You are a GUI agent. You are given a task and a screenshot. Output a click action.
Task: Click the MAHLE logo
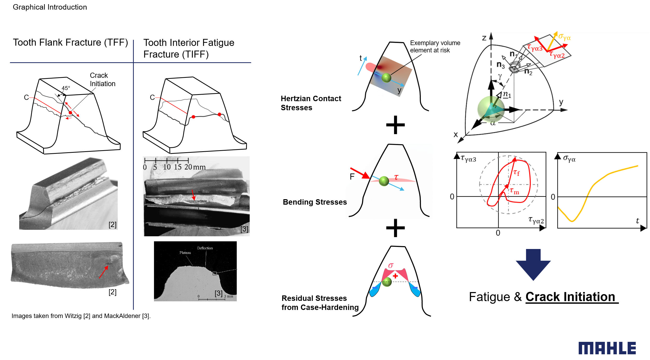pyautogui.click(x=607, y=348)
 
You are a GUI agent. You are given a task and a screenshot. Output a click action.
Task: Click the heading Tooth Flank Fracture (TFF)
pyautogui.click(x=71, y=43)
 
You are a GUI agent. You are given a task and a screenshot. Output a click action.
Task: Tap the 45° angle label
pyautogui.click(x=66, y=88)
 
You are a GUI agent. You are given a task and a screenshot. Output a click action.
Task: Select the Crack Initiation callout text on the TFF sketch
pyautogui.click(x=102, y=80)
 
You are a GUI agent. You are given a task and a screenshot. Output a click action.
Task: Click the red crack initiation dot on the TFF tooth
pyautogui.click(x=70, y=113)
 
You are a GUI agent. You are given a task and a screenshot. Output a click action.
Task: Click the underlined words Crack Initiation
pyautogui.click(x=570, y=297)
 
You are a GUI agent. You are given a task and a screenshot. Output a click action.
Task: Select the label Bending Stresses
pyautogui.click(x=314, y=202)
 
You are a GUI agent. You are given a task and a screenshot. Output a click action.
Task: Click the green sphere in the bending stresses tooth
pyautogui.click(x=384, y=181)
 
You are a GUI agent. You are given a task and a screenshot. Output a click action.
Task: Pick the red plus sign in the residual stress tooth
pyautogui.click(x=395, y=276)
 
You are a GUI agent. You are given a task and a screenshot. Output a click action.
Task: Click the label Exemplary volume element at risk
pyautogui.click(x=435, y=47)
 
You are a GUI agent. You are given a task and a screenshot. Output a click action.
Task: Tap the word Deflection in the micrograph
pyautogui.click(x=205, y=248)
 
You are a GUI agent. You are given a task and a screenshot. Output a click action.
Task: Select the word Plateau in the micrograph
pyautogui.click(x=185, y=253)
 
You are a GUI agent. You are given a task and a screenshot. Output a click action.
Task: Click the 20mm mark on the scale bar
pyautogui.click(x=194, y=167)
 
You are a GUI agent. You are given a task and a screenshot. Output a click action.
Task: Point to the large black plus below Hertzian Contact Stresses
pyautogui.click(x=395, y=125)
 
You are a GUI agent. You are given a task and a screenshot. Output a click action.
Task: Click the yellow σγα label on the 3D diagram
pyautogui.click(x=564, y=37)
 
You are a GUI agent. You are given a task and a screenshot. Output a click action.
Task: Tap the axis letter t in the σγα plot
pyautogui.click(x=637, y=221)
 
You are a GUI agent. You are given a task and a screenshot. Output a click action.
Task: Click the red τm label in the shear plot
pyautogui.click(x=514, y=191)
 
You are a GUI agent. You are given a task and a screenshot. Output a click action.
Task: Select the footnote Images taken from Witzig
pyautogui.click(x=81, y=316)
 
